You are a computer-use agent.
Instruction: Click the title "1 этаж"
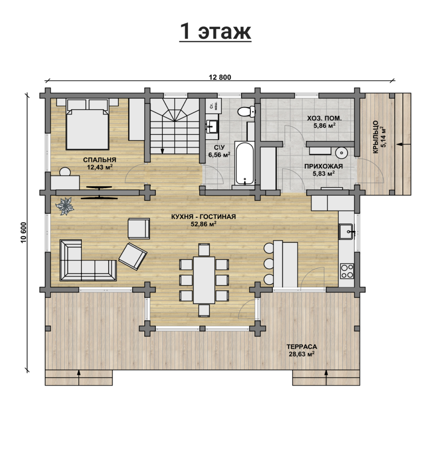click(x=215, y=32)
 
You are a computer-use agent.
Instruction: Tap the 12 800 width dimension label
click(x=220, y=77)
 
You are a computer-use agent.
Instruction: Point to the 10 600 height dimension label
click(x=24, y=232)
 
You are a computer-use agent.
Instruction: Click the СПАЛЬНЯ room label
click(x=100, y=160)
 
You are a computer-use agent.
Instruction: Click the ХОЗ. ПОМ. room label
click(x=324, y=118)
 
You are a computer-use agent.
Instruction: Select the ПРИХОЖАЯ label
click(x=324, y=166)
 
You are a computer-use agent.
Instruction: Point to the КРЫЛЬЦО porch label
click(x=376, y=137)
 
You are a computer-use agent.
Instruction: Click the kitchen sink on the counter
click(x=346, y=232)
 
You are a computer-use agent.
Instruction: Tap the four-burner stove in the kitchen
click(x=347, y=271)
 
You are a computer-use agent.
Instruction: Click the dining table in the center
click(x=204, y=280)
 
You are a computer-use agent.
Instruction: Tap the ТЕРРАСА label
click(x=302, y=347)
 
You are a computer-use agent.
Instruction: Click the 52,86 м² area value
click(x=203, y=224)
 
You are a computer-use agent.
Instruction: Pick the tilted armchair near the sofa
click(x=133, y=257)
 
